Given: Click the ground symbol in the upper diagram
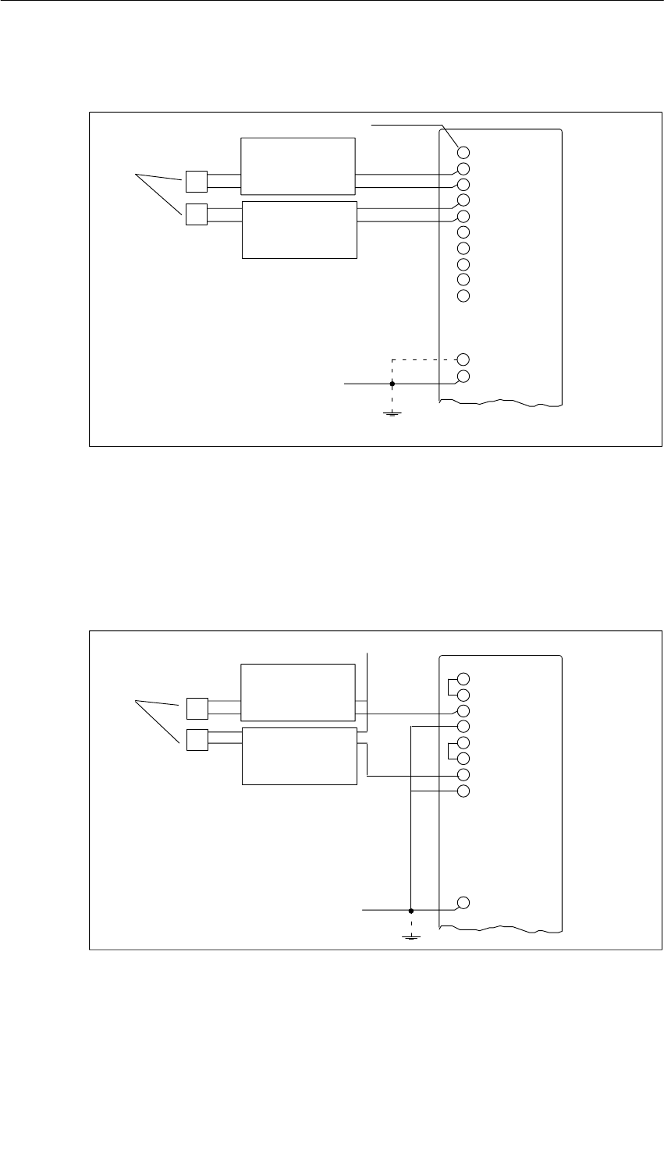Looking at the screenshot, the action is [x=392, y=411].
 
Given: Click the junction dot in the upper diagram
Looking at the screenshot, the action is [x=392, y=384].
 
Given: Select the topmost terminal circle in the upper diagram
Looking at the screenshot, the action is [x=463, y=153].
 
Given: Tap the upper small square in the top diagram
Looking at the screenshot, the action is [x=196, y=182].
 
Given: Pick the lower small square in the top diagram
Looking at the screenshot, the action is [x=196, y=214].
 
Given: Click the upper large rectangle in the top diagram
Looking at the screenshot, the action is [x=297, y=166].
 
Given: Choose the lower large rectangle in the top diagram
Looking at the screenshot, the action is [x=300, y=229].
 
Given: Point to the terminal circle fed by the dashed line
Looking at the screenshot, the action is [x=463, y=359].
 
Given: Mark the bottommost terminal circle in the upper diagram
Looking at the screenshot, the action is [x=463, y=377].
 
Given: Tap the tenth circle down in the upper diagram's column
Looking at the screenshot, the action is [x=463, y=296].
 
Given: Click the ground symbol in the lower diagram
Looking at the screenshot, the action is [x=411, y=936].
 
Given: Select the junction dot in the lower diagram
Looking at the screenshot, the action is [x=411, y=910].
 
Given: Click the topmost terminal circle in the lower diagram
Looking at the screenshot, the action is [x=463, y=678].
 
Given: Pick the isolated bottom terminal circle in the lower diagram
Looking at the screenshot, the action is [x=463, y=903].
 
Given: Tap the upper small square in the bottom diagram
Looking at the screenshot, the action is [x=196, y=709].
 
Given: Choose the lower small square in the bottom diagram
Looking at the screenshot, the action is [x=196, y=739].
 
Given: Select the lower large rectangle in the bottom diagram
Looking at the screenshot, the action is [x=300, y=756].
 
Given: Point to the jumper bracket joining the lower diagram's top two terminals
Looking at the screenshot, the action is [x=450, y=686].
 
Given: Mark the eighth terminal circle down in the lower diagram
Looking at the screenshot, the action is [x=463, y=791].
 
